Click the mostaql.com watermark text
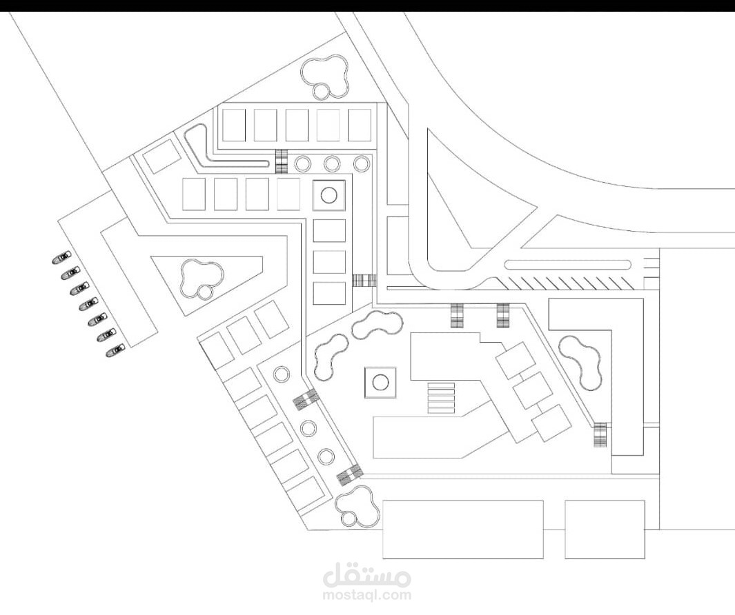pos(366,594)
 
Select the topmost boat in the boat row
pos(61,258)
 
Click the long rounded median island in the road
pos(567,264)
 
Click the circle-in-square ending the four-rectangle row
pos(329,195)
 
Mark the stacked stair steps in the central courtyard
pos(441,398)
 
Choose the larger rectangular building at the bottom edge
pos(462,529)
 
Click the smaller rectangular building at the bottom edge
pos(605,529)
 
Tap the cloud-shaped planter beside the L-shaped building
pos(581,361)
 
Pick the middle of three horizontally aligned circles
pos(332,163)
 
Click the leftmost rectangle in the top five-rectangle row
pos(233,125)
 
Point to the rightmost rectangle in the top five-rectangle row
pos(359,125)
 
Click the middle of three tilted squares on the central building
pos(533,391)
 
